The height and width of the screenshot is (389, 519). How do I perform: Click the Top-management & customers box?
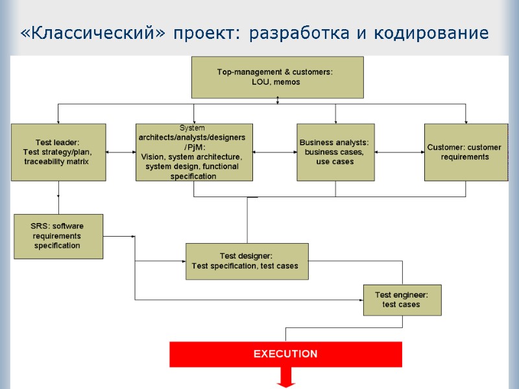277,77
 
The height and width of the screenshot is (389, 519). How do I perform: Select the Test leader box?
58,152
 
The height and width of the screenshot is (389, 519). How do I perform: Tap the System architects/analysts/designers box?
194,152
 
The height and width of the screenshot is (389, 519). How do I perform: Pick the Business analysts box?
335,152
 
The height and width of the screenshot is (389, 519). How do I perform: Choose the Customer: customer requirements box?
465,152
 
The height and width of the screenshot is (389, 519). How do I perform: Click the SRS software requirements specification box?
58,236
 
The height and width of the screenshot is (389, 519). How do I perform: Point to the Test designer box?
247,261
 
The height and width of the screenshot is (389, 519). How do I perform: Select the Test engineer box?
402,300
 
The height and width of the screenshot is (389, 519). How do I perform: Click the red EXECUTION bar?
285,354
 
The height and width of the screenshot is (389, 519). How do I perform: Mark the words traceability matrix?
56,161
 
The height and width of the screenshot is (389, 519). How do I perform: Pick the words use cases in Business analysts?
335,161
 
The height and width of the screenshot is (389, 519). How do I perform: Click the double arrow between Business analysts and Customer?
399,152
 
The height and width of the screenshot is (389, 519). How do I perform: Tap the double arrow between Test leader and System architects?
121,152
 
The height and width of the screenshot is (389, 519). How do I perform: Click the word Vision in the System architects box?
153,157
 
